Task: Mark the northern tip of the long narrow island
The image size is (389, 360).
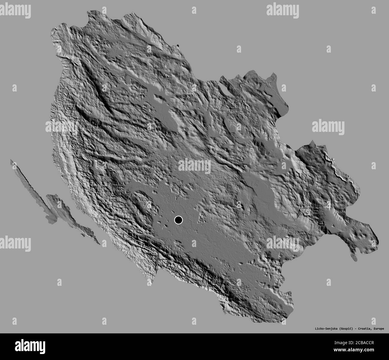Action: (11, 161)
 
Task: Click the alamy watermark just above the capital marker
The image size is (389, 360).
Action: (194, 166)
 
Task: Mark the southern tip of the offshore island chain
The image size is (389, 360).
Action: (99, 244)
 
